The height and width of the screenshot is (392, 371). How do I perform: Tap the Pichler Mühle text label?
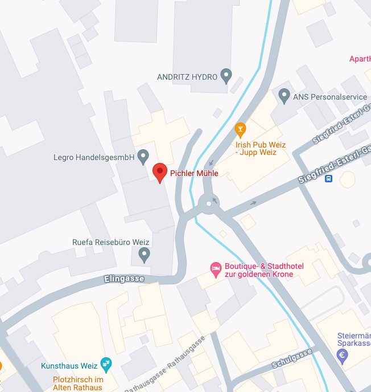[194, 173]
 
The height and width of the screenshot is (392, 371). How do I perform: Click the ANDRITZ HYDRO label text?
[187, 76]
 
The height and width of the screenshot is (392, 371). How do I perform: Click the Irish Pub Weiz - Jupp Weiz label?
[260, 149]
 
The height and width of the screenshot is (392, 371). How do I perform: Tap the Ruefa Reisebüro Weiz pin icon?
[145, 254]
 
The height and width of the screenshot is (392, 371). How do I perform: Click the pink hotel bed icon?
[216, 267]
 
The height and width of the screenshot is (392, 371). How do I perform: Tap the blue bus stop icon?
[328, 178]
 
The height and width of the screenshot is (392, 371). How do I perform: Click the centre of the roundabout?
[209, 202]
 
